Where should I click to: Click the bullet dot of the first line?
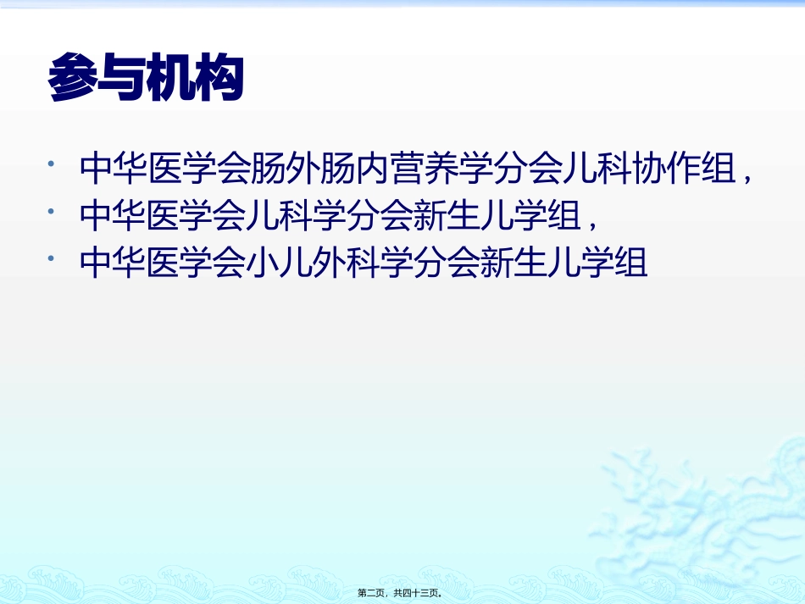(x=54, y=161)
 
